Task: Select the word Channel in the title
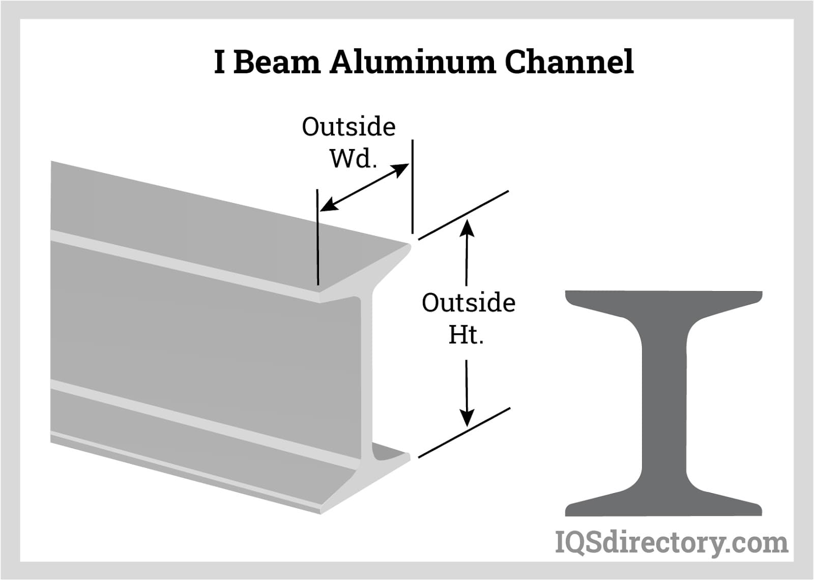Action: coord(569,62)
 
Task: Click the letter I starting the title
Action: coord(219,62)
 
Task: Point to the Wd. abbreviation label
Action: coord(353,158)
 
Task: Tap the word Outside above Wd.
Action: coord(348,127)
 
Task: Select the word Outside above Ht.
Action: coord(469,303)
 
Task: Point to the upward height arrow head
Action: coord(467,227)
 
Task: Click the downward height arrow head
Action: coord(467,417)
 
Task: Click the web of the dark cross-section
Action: coord(664,402)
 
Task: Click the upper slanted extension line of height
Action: coord(463,214)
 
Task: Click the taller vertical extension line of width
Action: coord(412,186)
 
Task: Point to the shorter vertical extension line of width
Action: coord(317,237)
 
